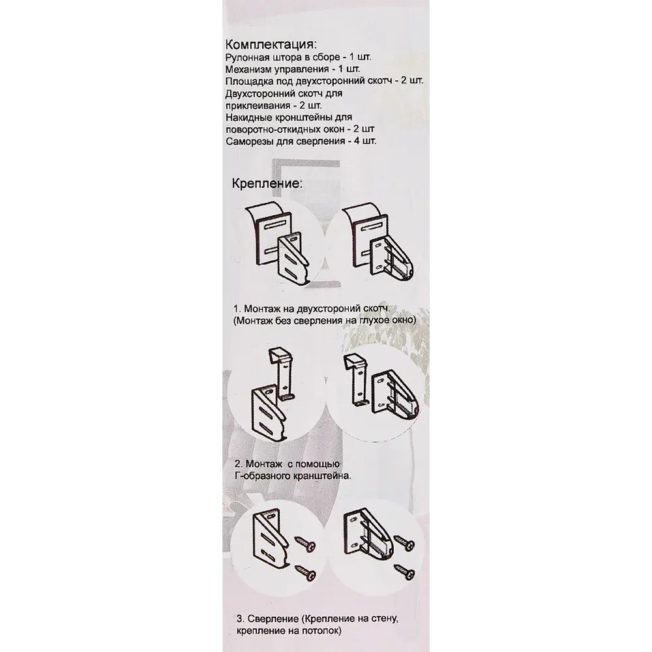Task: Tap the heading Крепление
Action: tap(267, 183)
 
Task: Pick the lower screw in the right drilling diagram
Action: tap(406, 571)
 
